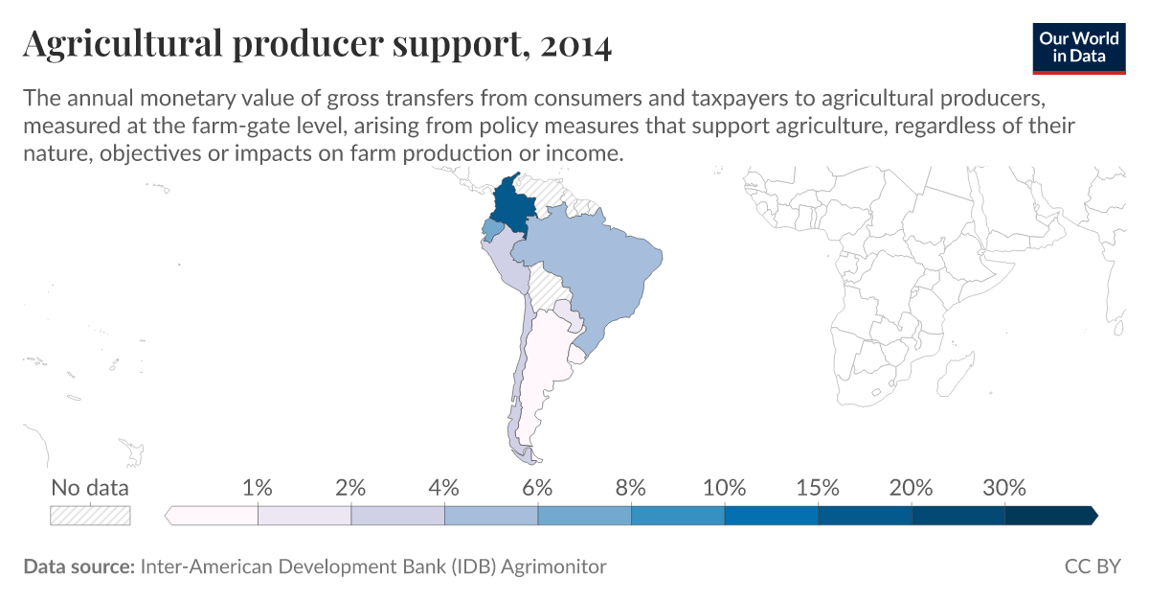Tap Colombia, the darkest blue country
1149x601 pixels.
click(x=512, y=205)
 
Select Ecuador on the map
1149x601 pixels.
click(x=490, y=230)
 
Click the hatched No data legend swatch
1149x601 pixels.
click(x=90, y=516)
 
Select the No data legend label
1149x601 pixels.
click(x=90, y=488)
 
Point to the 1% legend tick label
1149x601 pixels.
click(x=258, y=488)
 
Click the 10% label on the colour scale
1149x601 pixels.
click(x=724, y=488)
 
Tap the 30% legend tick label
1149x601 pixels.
click(x=1004, y=488)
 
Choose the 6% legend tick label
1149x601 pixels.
click(x=537, y=488)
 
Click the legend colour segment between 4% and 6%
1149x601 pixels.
click(x=491, y=516)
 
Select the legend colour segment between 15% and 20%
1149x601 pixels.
click(x=865, y=516)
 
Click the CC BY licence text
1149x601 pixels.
click(x=1092, y=566)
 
